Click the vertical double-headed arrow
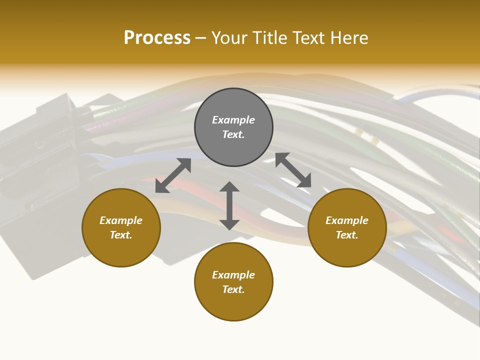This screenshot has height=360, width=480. click(x=229, y=206)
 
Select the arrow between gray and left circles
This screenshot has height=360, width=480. click(x=173, y=175)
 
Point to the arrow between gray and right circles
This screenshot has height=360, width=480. click(x=293, y=170)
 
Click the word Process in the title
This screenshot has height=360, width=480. click(x=157, y=38)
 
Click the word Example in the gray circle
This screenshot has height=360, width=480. click(x=233, y=120)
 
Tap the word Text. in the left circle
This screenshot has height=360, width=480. click(x=121, y=235)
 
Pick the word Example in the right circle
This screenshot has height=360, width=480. click(x=347, y=220)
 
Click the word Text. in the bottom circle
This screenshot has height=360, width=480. click(x=233, y=289)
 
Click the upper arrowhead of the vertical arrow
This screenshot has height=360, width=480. click(x=229, y=187)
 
